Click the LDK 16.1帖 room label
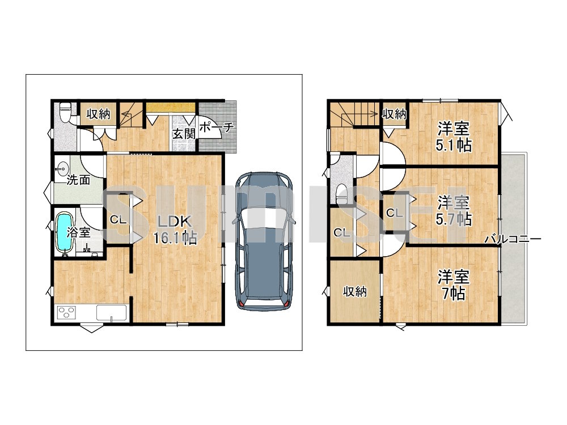(x=175, y=229)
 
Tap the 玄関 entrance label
(x=184, y=134)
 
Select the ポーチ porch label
(x=217, y=127)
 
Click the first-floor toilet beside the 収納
(x=65, y=112)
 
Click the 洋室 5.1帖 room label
(x=454, y=137)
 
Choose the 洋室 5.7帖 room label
(x=454, y=211)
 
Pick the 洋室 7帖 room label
(x=453, y=285)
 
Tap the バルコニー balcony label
(x=513, y=239)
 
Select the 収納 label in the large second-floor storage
(x=355, y=291)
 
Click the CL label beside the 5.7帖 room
(x=394, y=213)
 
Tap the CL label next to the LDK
(x=119, y=219)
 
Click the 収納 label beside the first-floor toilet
(x=98, y=114)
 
